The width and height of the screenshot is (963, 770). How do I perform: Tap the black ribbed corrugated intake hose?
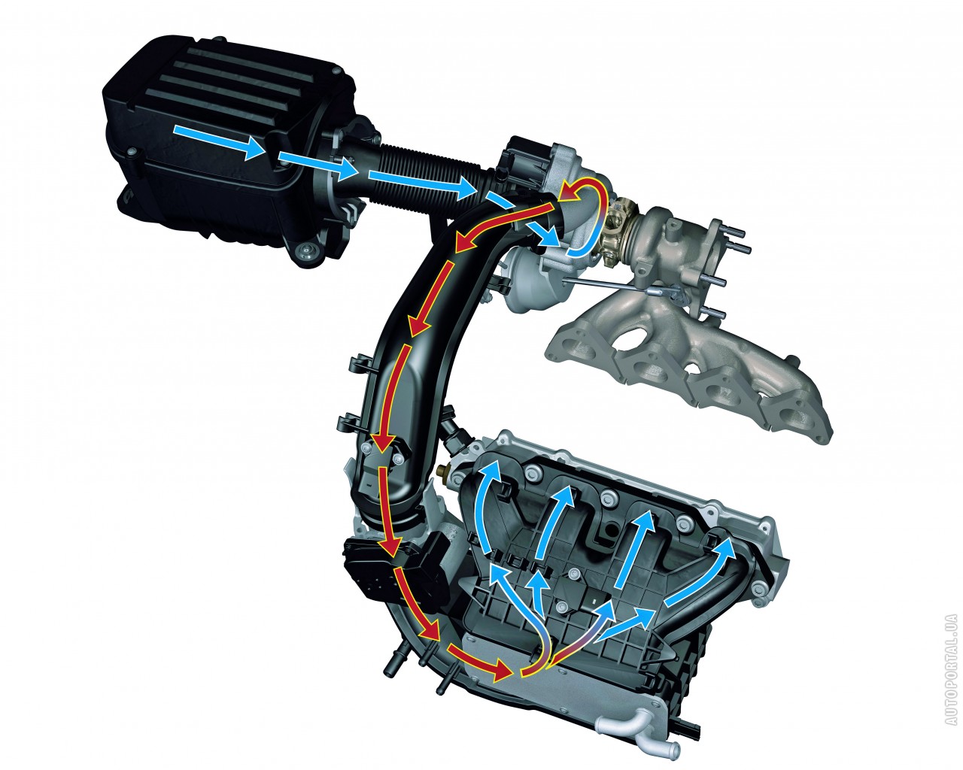pos(430,177)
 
